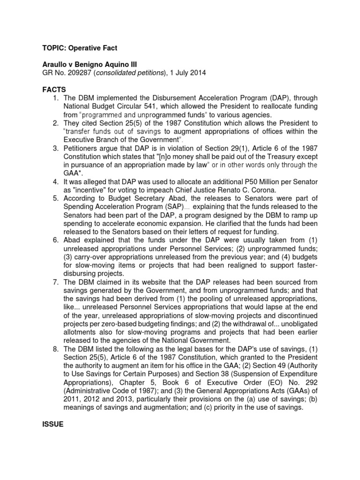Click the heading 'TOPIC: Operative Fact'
click(82, 48)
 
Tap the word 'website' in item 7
click(152, 282)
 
